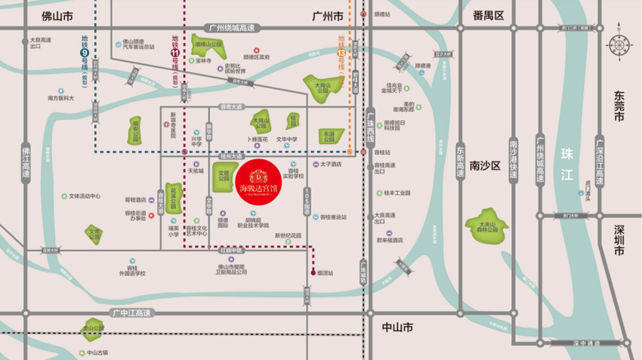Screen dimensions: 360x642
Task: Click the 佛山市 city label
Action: tap(57, 14)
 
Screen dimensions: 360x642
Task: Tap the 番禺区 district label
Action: tap(487, 15)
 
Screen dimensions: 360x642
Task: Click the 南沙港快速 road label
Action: tap(514, 158)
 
